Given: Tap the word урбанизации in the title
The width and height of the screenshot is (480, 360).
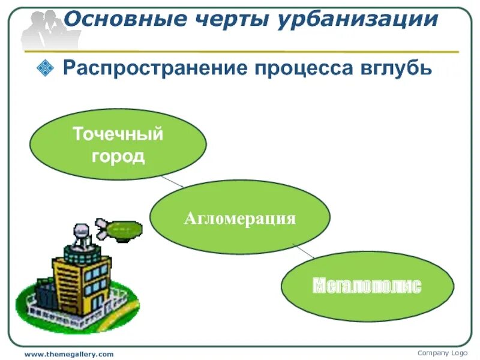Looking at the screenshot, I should coord(358,19).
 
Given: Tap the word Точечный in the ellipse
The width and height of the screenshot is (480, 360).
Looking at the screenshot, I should coord(118,134).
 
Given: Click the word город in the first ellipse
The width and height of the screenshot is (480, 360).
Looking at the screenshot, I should coord(118,156).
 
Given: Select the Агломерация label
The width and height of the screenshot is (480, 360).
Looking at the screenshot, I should coord(240,218).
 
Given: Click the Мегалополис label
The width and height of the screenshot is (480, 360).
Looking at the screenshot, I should coord(367,286).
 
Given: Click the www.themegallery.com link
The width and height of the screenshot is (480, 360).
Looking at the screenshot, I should coord(68,355).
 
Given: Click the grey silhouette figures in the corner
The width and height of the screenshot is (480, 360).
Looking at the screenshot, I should coord(42,27).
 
